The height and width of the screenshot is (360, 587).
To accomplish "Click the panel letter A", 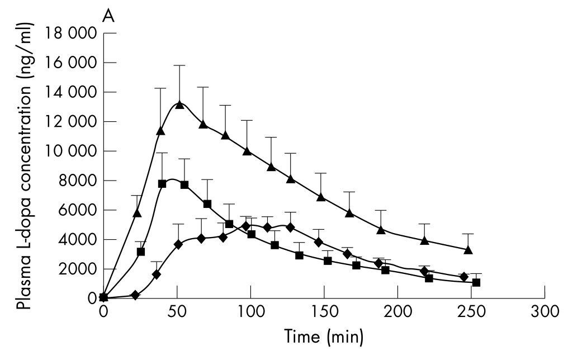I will click(x=108, y=17).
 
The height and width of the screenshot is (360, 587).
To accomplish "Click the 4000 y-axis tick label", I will click(x=77, y=240).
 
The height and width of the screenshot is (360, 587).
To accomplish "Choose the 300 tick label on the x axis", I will click(x=545, y=311).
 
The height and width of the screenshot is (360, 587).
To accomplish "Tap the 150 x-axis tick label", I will click(x=324, y=311).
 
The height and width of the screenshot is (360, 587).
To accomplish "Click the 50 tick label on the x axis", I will click(x=177, y=311).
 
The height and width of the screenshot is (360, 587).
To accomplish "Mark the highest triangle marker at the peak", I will click(x=179, y=105).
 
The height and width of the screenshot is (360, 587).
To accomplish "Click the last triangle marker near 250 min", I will click(x=468, y=249).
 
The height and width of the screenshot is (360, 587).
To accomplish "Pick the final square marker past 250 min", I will click(x=476, y=282).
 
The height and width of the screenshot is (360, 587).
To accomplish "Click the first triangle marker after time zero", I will click(x=137, y=213).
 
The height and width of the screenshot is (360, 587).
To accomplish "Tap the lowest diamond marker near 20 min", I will click(x=135, y=295).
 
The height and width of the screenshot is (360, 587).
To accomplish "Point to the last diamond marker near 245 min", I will click(x=463, y=277).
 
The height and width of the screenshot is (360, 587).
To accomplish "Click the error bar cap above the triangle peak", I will click(x=179, y=65).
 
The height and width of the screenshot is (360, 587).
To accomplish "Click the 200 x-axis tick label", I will click(x=398, y=311).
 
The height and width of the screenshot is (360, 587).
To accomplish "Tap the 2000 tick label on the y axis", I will click(x=77, y=269).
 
